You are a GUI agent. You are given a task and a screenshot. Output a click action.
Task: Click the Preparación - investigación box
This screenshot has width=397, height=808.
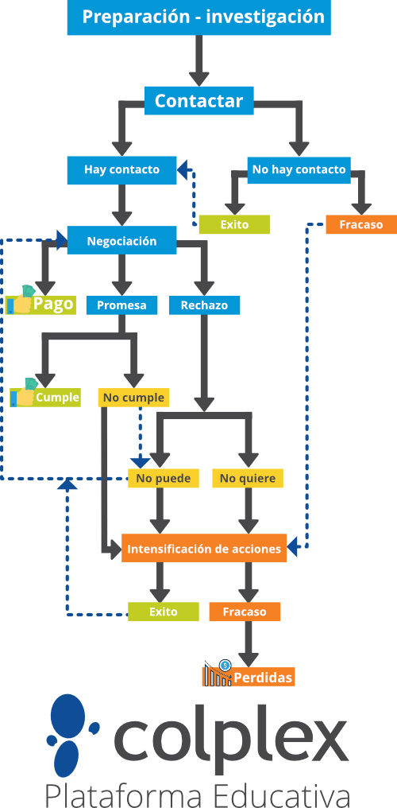pos(199,17)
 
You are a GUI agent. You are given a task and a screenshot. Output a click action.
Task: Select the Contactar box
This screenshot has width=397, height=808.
pos(199,101)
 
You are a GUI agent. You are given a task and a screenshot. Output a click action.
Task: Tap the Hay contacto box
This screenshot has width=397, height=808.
pos(121,169)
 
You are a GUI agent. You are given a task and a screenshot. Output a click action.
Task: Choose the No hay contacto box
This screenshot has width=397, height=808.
pos(299,169)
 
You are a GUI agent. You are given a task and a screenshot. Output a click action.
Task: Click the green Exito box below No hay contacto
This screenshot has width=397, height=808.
pos(234,225)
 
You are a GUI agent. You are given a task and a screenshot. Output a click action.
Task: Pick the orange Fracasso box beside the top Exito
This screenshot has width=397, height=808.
pos(361,225)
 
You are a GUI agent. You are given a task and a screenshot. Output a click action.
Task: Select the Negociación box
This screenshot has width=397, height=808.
pos(121,241)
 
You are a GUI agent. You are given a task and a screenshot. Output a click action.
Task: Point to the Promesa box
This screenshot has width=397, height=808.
pos(121,305)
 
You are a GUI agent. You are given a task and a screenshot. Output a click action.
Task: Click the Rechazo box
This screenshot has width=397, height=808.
pos(204,305)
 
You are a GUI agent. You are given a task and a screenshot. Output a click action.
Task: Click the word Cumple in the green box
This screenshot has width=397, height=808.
pos(58,398)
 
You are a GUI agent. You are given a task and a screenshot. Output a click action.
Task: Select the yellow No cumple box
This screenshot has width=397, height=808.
pos(133,398)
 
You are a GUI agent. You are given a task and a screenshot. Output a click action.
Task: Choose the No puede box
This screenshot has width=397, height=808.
pos(164,478)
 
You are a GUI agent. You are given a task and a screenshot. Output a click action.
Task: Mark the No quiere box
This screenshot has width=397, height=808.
pos(248,478)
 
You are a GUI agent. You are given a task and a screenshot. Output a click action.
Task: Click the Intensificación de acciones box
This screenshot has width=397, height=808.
pos(204,548)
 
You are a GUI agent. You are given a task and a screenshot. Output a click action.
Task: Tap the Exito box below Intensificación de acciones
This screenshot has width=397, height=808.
pos(164,612)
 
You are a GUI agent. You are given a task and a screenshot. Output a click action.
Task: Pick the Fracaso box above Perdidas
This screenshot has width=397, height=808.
pos(245,612)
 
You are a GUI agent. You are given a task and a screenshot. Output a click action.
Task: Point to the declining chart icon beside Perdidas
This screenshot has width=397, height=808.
pos(218,673)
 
